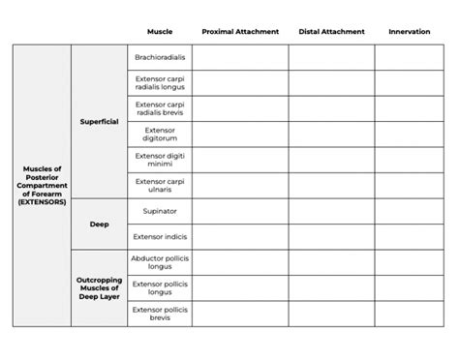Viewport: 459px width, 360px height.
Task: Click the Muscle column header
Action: point(160,32)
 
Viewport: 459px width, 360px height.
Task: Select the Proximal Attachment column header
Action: point(240,32)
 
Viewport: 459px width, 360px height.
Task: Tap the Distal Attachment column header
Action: point(331,32)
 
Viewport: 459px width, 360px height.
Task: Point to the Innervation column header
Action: point(409,32)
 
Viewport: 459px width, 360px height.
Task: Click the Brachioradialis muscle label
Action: point(160,58)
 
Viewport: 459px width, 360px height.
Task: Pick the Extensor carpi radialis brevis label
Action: point(160,108)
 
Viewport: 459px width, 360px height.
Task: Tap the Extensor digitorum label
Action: point(160,134)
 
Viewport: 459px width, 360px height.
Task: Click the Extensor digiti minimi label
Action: point(160,160)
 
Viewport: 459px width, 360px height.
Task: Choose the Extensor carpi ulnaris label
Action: point(160,185)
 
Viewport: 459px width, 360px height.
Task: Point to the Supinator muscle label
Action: point(160,210)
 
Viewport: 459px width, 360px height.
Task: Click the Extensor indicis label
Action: point(160,236)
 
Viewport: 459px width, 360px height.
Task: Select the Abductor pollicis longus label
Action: point(160,262)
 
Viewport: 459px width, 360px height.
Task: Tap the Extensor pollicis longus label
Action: point(160,287)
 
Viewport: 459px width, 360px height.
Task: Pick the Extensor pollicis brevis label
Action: point(160,313)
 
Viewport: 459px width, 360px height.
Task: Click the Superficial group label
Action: point(99,121)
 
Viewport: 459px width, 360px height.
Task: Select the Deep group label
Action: point(99,224)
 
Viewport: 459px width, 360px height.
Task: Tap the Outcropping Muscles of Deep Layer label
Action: point(99,287)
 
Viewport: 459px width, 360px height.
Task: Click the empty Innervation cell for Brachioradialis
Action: point(415,58)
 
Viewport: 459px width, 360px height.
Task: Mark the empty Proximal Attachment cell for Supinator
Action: point(240,210)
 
